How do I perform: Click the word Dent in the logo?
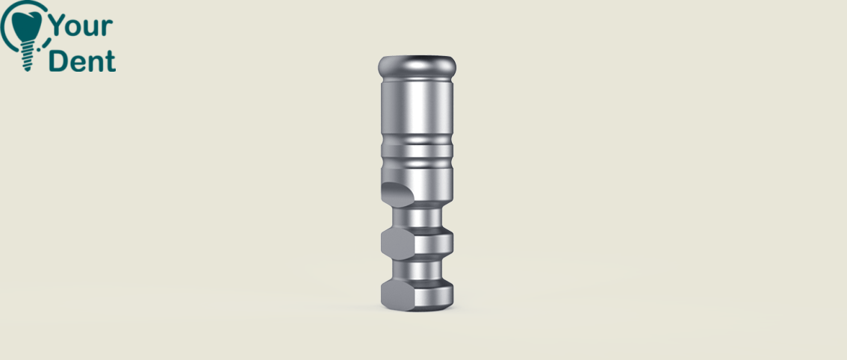click(x=82, y=60)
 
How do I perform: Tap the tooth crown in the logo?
click(x=27, y=26)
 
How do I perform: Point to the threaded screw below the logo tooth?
click(x=28, y=56)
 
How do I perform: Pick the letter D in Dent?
click(x=58, y=60)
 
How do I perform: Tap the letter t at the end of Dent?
click(x=111, y=62)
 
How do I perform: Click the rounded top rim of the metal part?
click(x=417, y=67)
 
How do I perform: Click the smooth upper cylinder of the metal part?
click(x=417, y=107)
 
